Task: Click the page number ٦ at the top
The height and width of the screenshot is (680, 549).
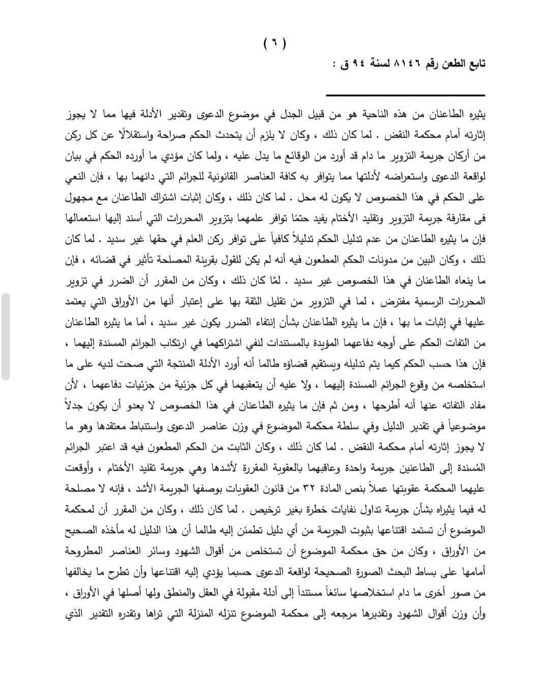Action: pyautogui.click(x=274, y=44)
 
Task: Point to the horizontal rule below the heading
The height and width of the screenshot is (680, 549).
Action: pyautogui.click(x=405, y=95)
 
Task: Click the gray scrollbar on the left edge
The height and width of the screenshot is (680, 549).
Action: pyautogui.click(x=5, y=336)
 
